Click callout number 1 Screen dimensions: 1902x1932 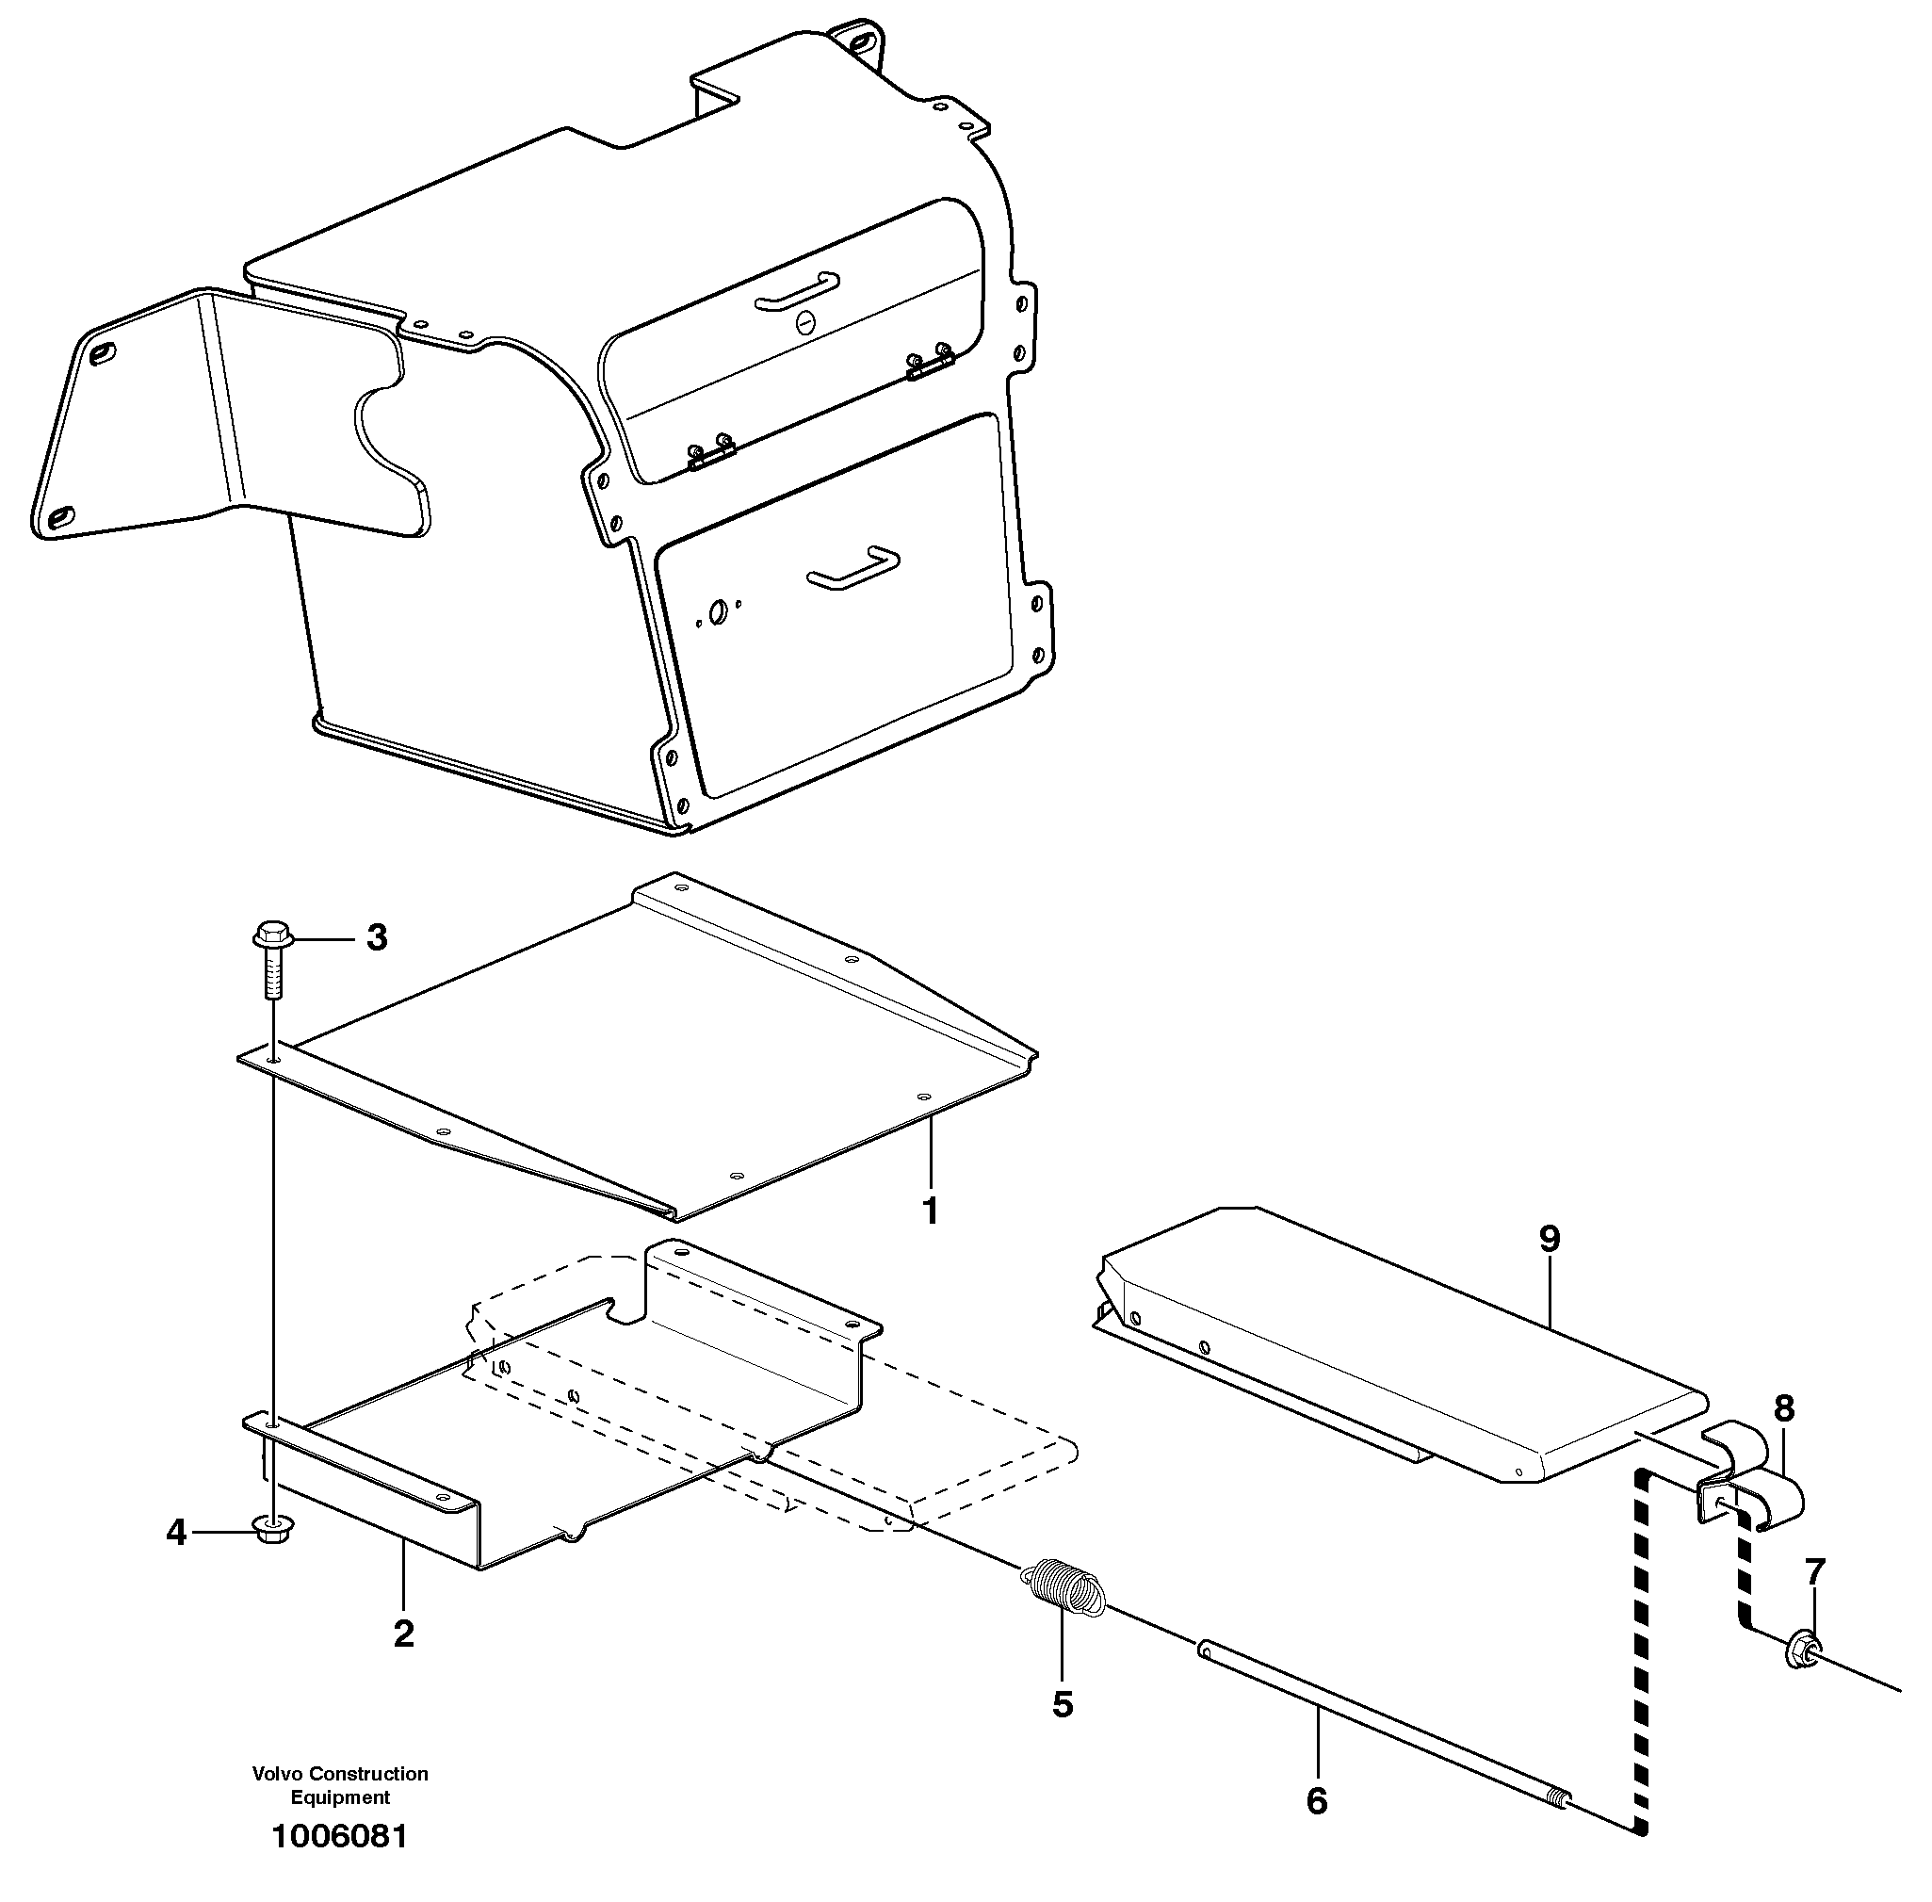click(929, 1211)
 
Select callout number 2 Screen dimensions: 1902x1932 click(403, 1634)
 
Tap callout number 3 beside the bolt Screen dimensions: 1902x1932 click(377, 938)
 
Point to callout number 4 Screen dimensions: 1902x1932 click(177, 1532)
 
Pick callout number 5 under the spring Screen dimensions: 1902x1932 click(1062, 1704)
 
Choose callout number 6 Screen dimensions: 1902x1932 click(1317, 1801)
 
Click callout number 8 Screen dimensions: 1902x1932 click(1784, 1408)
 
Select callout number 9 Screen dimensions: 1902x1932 click(1549, 1239)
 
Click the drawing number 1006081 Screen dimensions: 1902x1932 click(340, 1836)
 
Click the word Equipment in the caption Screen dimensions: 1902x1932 click(340, 1797)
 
